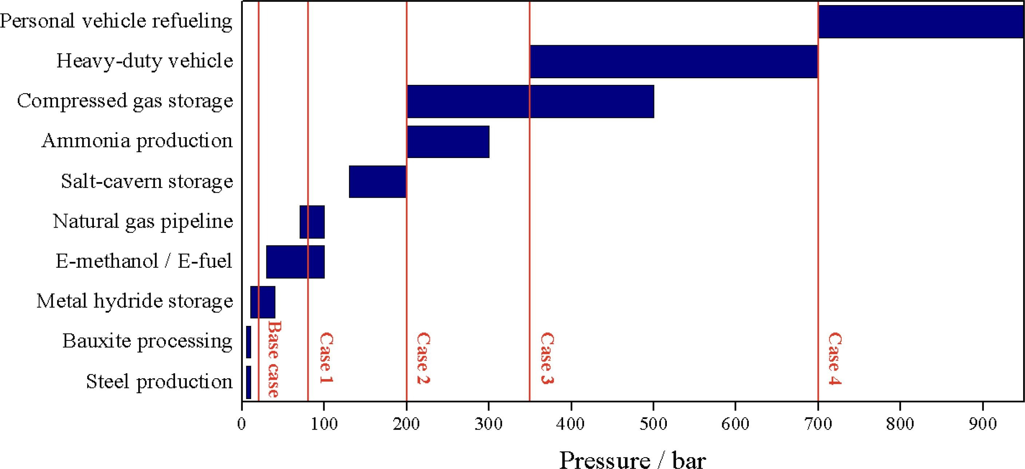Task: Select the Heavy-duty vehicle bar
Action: [x=674, y=61]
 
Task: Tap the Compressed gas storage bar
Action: [x=530, y=101]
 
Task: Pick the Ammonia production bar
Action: [x=448, y=142]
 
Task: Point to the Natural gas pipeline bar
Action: [x=312, y=222]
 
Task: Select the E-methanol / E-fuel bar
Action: [x=295, y=261]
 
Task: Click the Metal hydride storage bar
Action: [x=262, y=302]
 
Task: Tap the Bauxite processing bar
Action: [x=248, y=342]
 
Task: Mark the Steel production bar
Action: [x=248, y=382]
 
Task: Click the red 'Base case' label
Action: [x=274, y=359]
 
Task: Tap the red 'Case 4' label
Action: [x=834, y=358]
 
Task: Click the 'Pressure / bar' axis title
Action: [x=632, y=460]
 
